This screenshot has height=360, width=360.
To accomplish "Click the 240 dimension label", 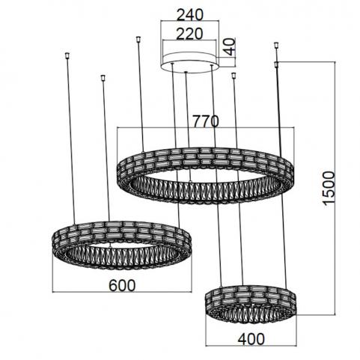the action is coord(190,15).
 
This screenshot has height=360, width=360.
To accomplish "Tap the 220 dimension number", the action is coord(189,34).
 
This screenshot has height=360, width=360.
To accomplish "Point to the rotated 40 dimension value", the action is coord(230,46).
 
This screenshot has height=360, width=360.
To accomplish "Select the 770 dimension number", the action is coord(206,121).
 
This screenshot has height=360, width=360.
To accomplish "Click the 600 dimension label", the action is coord(122,285).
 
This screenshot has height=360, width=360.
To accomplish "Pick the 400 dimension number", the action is coord(251,339).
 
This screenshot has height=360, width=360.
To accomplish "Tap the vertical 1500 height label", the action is coord(329,188).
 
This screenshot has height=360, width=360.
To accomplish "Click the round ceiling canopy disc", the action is coord(189,62).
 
